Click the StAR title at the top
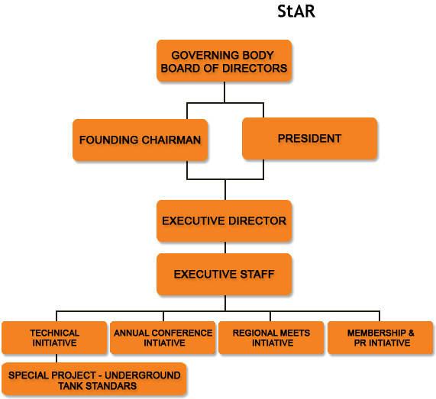[296, 11]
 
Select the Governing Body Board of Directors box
[224, 61]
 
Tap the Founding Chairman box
[140, 140]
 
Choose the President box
[310, 138]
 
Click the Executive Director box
[224, 221]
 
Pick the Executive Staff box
[224, 274]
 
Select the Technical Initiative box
[54, 338]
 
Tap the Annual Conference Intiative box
[163, 338]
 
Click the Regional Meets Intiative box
[271, 338]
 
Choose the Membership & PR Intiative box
[380, 338]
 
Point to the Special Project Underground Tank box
[94, 378]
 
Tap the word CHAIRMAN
[171, 140]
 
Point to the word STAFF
[257, 274]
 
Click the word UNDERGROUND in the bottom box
[143, 375]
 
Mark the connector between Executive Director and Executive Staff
[225, 248]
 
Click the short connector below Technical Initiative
[57, 358]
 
